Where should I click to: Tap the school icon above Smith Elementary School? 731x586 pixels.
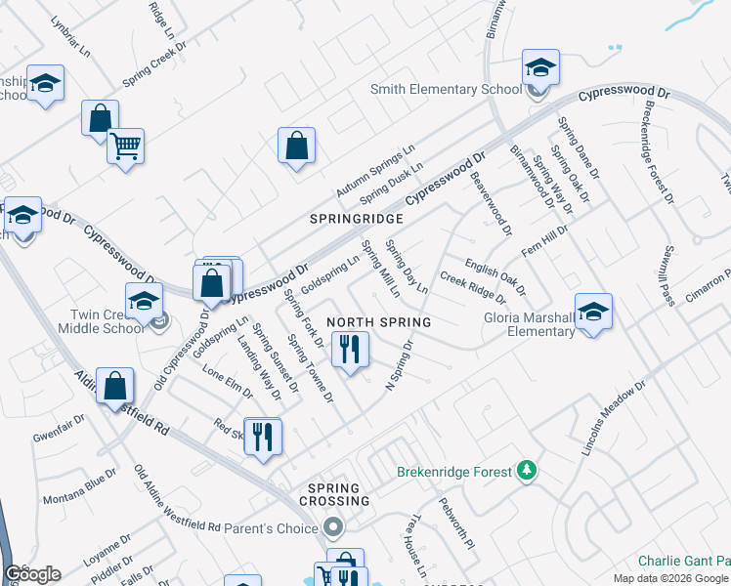click(x=538, y=68)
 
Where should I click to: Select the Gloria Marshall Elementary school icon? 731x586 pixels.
click(x=592, y=312)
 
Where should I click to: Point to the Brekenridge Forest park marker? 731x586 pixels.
click(x=527, y=472)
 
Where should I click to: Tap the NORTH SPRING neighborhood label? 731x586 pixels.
click(x=378, y=322)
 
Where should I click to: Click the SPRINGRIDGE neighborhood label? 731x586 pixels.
click(x=357, y=220)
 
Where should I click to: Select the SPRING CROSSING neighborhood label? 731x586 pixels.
click(x=339, y=494)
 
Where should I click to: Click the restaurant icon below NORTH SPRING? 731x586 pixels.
click(x=350, y=349)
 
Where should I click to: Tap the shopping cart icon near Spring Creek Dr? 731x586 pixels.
click(x=125, y=146)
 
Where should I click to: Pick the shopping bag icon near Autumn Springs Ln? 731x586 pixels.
click(x=296, y=146)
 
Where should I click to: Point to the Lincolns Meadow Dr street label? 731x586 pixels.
click(x=613, y=419)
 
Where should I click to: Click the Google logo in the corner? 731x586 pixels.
click(x=33, y=574)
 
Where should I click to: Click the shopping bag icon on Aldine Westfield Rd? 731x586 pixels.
click(x=115, y=388)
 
